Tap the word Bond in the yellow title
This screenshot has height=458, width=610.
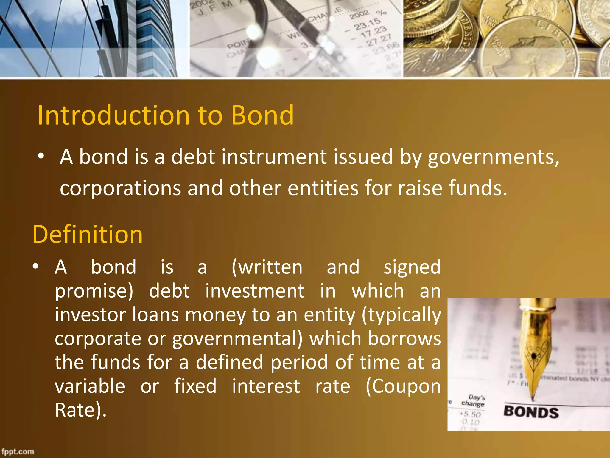[x=262, y=115]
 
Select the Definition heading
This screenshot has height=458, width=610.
[x=88, y=234]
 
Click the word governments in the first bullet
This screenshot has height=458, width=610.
[x=493, y=157]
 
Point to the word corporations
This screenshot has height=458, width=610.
[x=120, y=188]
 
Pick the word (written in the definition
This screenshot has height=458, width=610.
[x=267, y=267]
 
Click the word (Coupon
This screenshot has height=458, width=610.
[x=403, y=386]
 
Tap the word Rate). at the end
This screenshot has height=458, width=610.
[x=80, y=410]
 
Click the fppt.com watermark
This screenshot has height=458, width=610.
[x=18, y=451]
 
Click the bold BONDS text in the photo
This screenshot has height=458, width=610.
[x=531, y=412]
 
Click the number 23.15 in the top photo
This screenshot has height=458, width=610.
[x=367, y=24]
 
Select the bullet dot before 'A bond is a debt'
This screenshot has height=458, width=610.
[x=41, y=156]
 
